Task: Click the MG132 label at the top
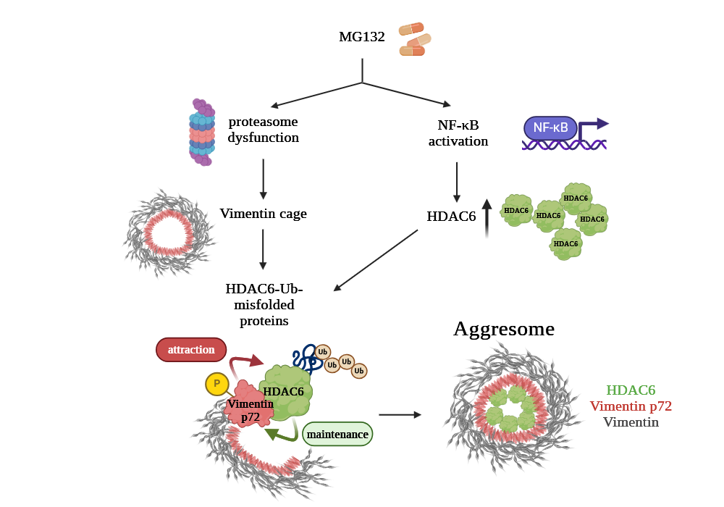362,37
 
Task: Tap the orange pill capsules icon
415,39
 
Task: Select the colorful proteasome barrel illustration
203,132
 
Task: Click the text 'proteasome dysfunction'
264,129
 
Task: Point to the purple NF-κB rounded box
550,128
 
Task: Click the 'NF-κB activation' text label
458,133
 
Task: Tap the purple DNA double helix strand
564,145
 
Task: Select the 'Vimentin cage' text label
264,214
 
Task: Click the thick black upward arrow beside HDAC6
487,218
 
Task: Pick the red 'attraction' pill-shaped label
191,350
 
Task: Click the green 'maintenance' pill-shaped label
337,435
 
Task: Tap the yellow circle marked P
216,383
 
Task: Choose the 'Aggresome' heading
504,329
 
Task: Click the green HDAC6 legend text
631,390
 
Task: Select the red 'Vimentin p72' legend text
631,406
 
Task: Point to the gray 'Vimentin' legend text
631,422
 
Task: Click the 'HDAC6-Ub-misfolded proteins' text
264,304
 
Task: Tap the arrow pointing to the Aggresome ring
400,415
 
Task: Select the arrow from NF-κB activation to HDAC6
457,182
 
